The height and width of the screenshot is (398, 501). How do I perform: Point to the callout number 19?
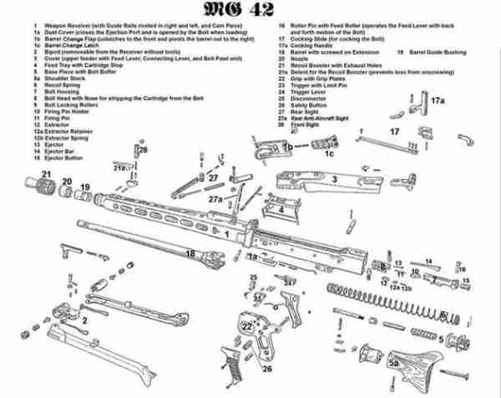(84, 186)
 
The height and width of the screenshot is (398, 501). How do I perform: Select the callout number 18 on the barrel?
(190, 253)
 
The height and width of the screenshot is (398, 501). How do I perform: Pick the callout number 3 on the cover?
(333, 178)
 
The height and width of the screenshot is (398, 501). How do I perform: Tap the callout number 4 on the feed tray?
(282, 210)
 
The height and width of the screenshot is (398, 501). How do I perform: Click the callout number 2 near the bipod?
(83, 320)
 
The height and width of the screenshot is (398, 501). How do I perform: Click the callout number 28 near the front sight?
(143, 150)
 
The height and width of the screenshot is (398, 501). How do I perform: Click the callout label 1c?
(329, 154)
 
